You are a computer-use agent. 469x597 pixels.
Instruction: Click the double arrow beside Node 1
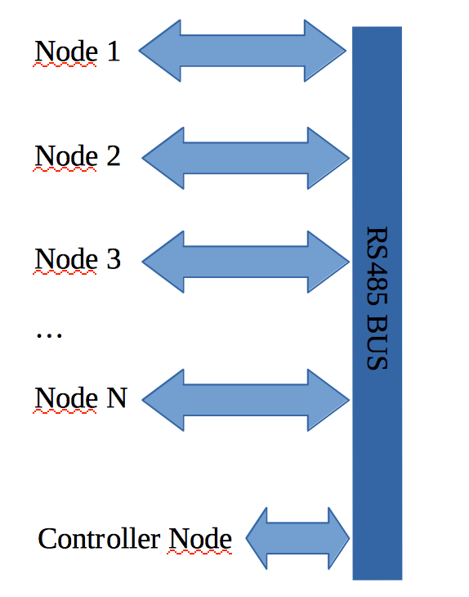pyautogui.click(x=243, y=51)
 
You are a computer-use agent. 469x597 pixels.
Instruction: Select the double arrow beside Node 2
pyautogui.click(x=246, y=158)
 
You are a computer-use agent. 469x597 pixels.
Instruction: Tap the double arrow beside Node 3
pyautogui.click(x=246, y=262)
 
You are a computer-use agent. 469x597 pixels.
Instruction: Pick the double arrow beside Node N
pyautogui.click(x=246, y=400)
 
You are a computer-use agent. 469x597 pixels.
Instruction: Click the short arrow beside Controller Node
pyautogui.click(x=297, y=538)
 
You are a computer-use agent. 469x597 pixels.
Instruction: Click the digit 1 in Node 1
pyautogui.click(x=114, y=51)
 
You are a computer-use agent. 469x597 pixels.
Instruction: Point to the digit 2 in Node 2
pyautogui.click(x=114, y=155)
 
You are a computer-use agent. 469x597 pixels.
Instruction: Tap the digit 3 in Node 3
pyautogui.click(x=114, y=259)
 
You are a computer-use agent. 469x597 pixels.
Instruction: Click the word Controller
pyautogui.click(x=99, y=538)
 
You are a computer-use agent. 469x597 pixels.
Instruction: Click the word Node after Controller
pyautogui.click(x=200, y=538)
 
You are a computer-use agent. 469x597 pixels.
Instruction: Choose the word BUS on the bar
pyautogui.click(x=377, y=343)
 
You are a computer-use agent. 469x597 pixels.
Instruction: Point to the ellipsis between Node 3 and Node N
pyautogui.click(x=49, y=335)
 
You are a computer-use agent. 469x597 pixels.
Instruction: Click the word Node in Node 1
pyautogui.click(x=66, y=51)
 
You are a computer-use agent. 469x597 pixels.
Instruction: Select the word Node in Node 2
pyautogui.click(x=66, y=155)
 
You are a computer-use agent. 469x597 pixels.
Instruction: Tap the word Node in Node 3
pyautogui.click(x=66, y=259)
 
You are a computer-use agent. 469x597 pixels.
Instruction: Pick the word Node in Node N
pyautogui.click(x=66, y=397)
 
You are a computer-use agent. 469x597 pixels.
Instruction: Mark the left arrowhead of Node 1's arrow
pyautogui.click(x=160, y=51)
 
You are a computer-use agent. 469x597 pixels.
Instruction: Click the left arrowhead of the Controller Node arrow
pyautogui.click(x=257, y=538)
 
